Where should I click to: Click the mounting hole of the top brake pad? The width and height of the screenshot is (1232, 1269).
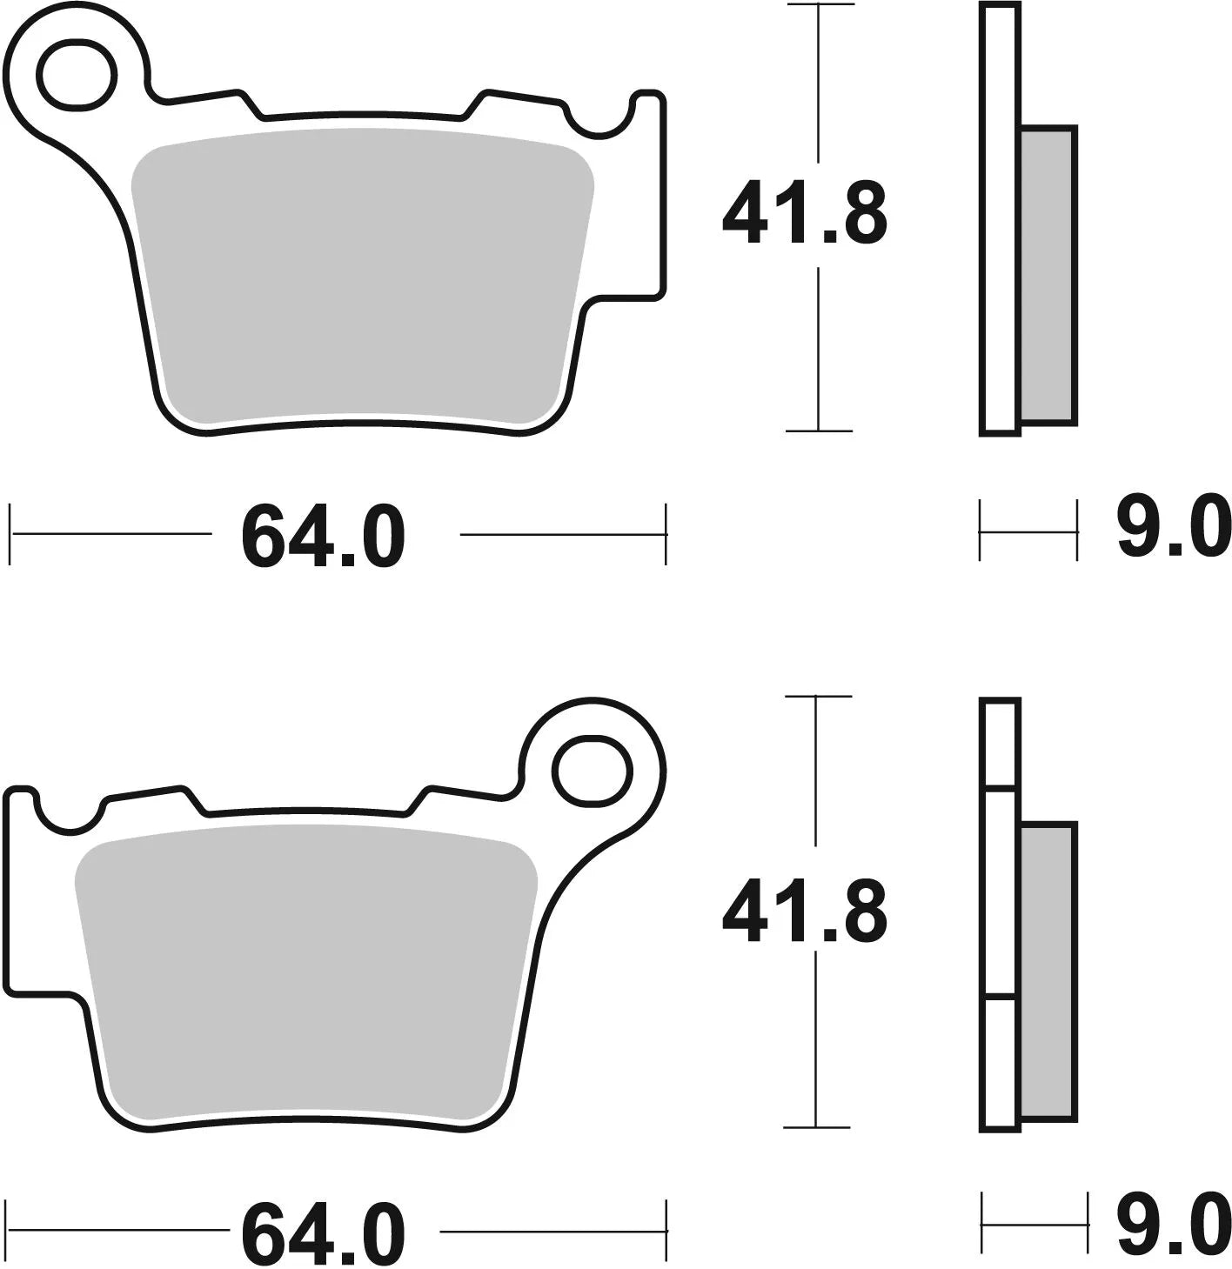(x=77, y=76)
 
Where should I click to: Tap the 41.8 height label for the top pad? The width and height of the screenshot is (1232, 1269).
(x=804, y=214)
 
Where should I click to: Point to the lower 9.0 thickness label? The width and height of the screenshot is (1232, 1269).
(x=1172, y=1226)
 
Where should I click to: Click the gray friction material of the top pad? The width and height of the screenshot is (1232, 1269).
(x=361, y=274)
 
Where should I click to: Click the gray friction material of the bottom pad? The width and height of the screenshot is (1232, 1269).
(x=305, y=974)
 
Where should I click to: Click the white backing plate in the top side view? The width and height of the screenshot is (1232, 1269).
(x=999, y=217)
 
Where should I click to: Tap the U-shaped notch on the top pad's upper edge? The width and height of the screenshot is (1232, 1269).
(x=598, y=122)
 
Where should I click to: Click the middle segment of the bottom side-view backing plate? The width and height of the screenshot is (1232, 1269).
(x=999, y=892)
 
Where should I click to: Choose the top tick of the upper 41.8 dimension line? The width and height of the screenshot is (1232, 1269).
(x=818, y=5)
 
